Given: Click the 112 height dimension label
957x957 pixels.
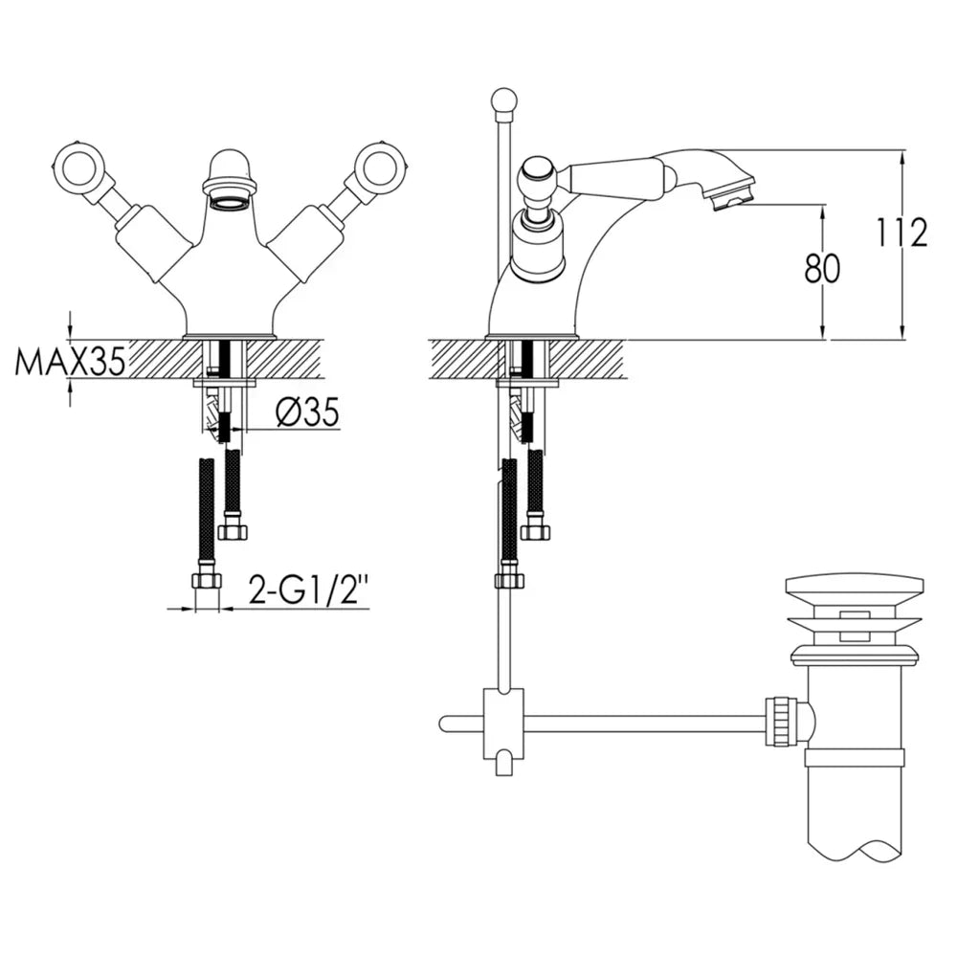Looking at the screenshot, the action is coord(902,232).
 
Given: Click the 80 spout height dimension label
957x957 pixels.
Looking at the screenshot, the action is coord(822,269).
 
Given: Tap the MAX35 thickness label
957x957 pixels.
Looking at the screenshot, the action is coord(70,362).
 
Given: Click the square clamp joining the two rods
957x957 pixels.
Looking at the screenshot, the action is coord(503,724).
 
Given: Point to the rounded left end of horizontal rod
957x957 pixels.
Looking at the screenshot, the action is coord(444,723).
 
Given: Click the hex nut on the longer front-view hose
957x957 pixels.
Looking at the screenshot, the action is coord(205,581).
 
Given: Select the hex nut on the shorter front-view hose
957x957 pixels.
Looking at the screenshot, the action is coord(234,528).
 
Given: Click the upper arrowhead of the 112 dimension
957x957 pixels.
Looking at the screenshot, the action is coord(902,157).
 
